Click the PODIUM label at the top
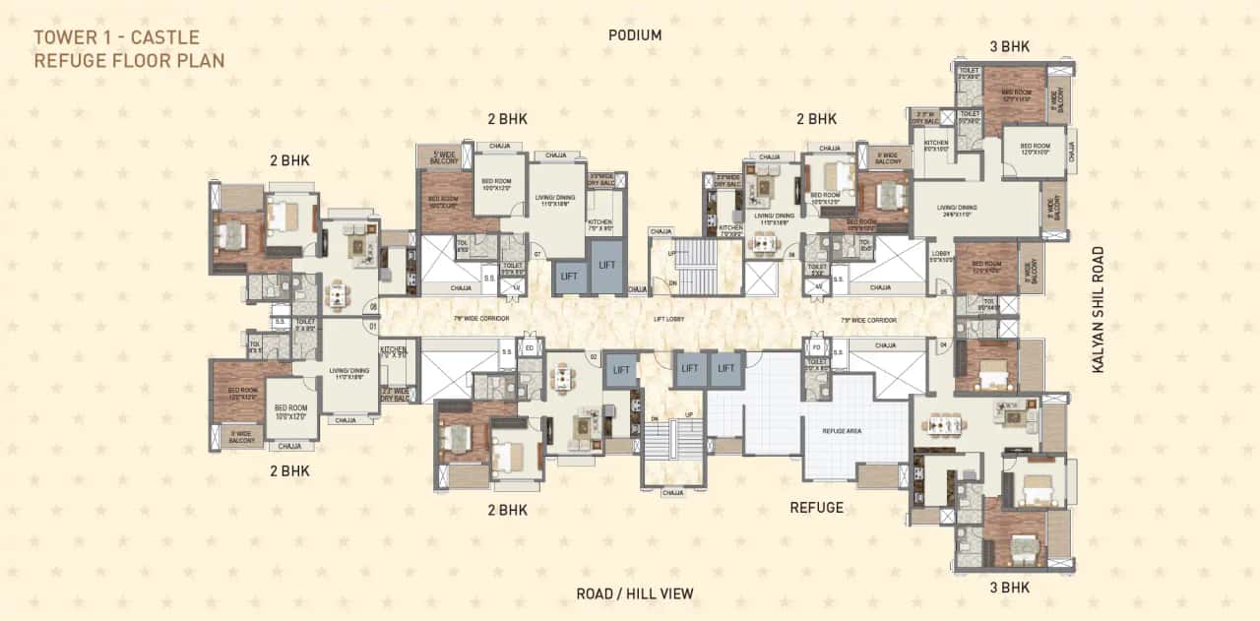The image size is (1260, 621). (x=635, y=35)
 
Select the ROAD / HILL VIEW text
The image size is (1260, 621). (x=635, y=593)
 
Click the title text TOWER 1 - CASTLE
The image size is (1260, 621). (x=116, y=38)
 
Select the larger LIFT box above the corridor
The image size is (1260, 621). (x=606, y=265)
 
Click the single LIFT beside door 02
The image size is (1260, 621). (x=621, y=370)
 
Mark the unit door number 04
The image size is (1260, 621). (x=942, y=344)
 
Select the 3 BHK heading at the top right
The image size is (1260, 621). (x=1011, y=46)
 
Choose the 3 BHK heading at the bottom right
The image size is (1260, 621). (x=1011, y=588)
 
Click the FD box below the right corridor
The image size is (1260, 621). (x=817, y=347)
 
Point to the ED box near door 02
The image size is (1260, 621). (x=529, y=347)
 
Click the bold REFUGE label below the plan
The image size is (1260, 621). (x=816, y=508)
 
